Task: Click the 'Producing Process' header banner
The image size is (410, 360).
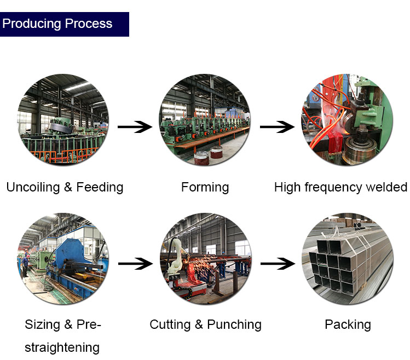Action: pos(65,24)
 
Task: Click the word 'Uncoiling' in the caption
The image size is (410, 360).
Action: pos(33,188)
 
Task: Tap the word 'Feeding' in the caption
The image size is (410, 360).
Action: pos(100,188)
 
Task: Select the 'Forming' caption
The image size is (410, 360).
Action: pos(205,188)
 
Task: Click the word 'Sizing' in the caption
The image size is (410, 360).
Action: pos(42,324)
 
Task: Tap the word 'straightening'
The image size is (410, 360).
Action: pos(62,348)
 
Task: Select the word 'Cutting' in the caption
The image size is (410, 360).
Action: pos(170,324)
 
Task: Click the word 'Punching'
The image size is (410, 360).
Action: pos(234,324)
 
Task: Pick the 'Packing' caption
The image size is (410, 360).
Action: pos(348,324)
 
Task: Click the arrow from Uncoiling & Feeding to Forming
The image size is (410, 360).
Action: pos(135,127)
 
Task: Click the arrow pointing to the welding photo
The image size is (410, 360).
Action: pos(277,127)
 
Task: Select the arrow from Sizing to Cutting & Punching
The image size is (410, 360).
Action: pos(135,264)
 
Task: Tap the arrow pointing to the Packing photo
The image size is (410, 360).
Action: pos(278,264)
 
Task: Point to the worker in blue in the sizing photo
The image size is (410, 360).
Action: pos(25,266)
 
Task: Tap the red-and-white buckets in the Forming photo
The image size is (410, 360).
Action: pos(209,155)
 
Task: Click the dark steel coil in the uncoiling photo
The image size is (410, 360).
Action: pos(62,127)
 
